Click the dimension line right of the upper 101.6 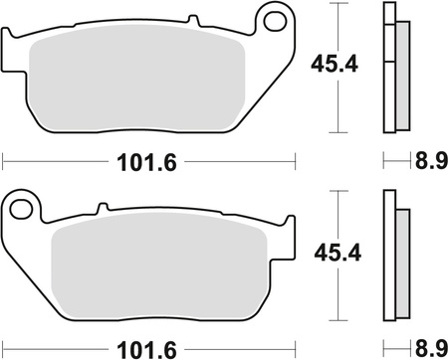[x=239, y=158]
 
